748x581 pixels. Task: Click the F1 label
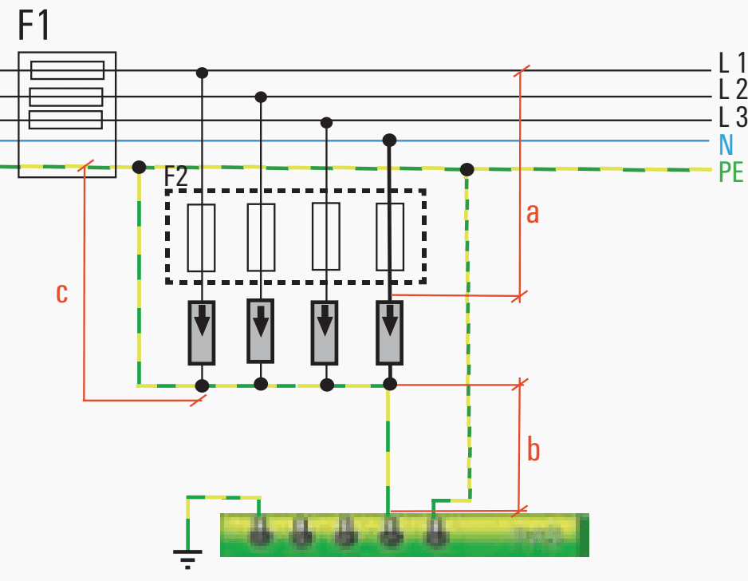coord(33,26)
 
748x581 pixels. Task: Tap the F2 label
coord(176,176)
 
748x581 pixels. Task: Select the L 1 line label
coord(732,62)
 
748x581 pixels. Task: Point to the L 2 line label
coord(733,89)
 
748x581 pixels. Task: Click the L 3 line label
coord(733,117)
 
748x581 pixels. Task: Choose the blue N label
coord(726,144)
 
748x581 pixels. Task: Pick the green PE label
coord(730,172)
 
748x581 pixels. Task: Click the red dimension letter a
coord(533,213)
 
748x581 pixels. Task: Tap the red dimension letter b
coord(533,449)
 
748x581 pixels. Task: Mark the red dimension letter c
coord(62,293)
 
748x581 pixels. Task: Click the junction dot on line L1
coord(203,73)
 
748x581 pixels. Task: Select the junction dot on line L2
coord(261,97)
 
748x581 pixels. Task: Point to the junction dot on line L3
coord(326,123)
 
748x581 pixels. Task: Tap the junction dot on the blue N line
coord(390,140)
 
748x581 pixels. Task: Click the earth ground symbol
coord(187,559)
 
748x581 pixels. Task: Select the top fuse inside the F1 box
coord(67,70)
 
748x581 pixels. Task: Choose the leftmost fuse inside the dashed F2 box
coord(201,238)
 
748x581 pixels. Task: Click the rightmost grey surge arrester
coord(390,333)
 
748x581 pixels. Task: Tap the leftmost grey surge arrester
coord(202,333)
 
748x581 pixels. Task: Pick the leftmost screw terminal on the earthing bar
coord(259,532)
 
